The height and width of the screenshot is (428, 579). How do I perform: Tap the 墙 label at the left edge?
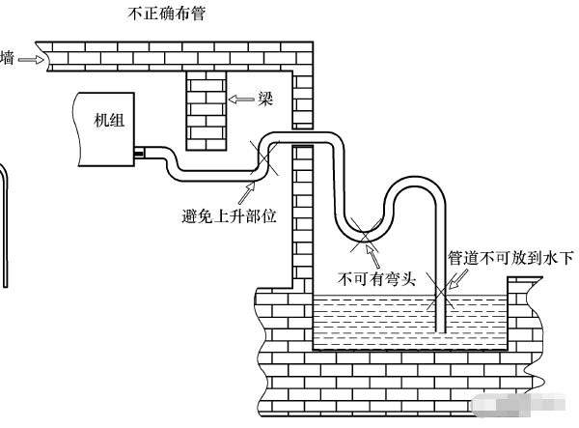tap(7, 59)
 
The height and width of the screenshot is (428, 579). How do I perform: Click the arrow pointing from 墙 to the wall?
tap(30, 59)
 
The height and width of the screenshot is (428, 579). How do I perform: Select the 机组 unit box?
tap(105, 126)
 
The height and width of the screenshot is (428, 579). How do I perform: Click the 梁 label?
tap(262, 100)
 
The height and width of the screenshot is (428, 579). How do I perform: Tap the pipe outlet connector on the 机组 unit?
tap(139, 152)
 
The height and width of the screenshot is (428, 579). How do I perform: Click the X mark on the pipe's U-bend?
tap(365, 231)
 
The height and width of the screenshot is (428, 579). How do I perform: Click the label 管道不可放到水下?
tap(511, 258)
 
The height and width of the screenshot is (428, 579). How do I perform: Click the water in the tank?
tap(386, 319)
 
